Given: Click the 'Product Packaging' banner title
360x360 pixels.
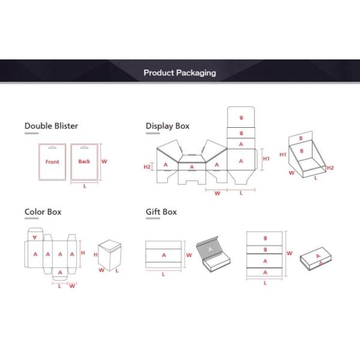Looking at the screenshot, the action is point(180,73).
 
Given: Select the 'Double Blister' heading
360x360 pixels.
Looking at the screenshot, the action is point(51,126).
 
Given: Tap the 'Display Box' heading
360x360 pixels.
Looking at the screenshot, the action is point(167,126).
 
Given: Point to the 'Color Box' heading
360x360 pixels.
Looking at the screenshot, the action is point(43,212).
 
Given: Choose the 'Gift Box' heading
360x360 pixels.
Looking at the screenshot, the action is point(161,212).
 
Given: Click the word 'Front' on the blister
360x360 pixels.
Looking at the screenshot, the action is point(52,162).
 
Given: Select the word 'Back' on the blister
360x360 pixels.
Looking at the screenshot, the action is point(84,161).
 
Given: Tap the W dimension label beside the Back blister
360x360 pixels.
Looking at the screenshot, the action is point(104,161).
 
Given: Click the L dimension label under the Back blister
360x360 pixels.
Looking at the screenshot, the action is point(85,186).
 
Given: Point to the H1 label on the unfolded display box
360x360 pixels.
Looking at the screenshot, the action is point(266,158).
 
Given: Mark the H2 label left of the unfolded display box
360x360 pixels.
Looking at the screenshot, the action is point(147,167).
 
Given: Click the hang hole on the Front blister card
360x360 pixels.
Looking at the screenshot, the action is point(52,148).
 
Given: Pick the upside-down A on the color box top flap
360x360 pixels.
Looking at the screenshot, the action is point(35,237).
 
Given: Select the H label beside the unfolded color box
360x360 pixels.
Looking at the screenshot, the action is point(83,253).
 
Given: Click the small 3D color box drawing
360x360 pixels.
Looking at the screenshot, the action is point(110,255).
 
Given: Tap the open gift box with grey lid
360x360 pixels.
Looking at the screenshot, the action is point(213,254).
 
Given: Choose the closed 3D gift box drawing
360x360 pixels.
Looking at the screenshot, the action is point(316,258).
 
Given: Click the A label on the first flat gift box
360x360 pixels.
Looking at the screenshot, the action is point(164,255).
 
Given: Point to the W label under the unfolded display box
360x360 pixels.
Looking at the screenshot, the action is point(217,193).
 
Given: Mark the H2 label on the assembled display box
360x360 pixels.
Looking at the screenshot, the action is point(330,168).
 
